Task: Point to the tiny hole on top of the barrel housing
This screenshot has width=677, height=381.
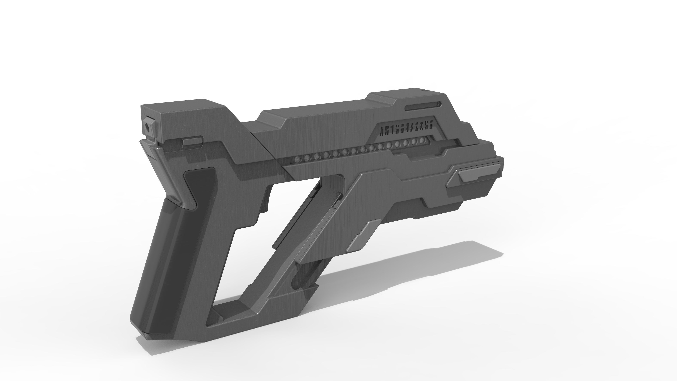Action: click(423, 91)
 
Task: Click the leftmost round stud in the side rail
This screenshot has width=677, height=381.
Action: click(297, 159)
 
